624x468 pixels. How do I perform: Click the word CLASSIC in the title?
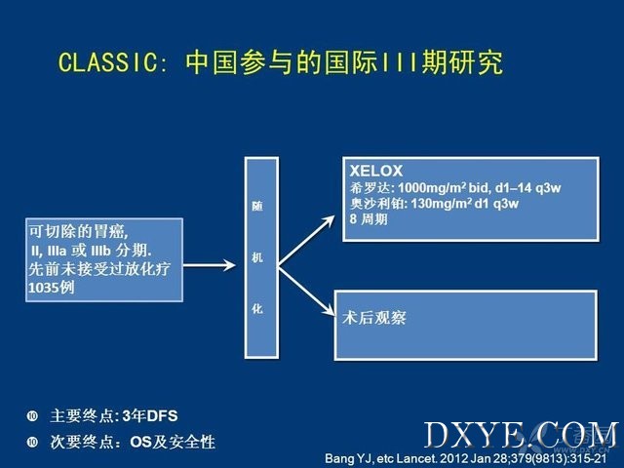point(108,62)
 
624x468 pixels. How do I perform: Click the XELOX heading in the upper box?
point(376,171)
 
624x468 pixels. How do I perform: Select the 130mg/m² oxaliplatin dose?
point(442,204)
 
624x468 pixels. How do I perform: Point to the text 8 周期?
point(369,218)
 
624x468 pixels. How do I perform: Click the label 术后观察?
point(374,318)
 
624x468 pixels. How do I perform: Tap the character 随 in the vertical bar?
point(257,206)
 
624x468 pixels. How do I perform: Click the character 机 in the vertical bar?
point(257,257)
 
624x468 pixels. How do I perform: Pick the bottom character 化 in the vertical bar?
point(257,308)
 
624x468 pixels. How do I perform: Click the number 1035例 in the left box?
point(52,288)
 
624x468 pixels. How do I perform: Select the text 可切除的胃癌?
point(78,232)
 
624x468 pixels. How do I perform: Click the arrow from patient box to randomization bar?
point(210,265)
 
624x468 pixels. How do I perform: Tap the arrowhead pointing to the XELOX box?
point(329,221)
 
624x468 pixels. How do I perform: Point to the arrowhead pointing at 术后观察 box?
point(328,309)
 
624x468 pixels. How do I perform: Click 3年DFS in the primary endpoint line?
point(150,416)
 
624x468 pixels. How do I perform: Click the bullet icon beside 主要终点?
point(32,416)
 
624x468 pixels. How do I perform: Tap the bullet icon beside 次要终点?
point(32,442)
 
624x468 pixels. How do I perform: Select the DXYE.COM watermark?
point(522,435)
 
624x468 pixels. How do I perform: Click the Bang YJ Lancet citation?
point(466,458)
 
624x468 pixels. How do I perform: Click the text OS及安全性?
point(173,442)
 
